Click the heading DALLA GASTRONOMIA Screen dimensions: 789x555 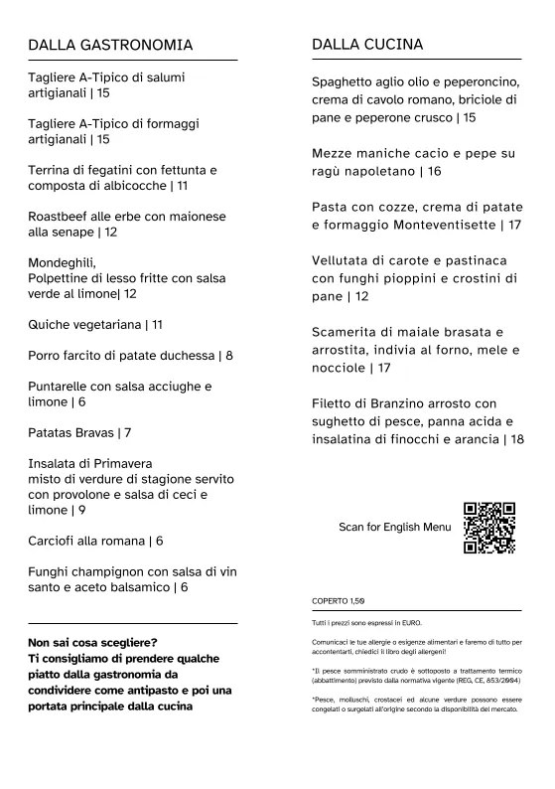pos(110,45)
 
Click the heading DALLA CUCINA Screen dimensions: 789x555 pos(367,45)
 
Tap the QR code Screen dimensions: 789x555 pos(489,527)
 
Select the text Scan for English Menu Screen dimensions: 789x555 pos(394,527)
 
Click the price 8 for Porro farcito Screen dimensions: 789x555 pos(229,355)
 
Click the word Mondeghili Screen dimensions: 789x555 pos(62,263)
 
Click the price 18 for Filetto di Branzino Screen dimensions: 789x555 pos(516,439)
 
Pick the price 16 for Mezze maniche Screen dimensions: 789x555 pos(435,171)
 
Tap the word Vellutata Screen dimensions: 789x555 pos(343,260)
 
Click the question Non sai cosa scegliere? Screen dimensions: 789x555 pos(92,642)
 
